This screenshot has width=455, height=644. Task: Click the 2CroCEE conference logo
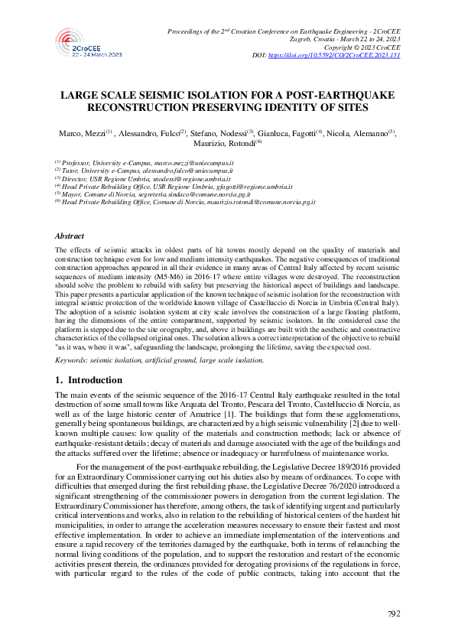tap(89, 44)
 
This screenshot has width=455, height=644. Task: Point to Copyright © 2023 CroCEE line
tap(366, 47)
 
